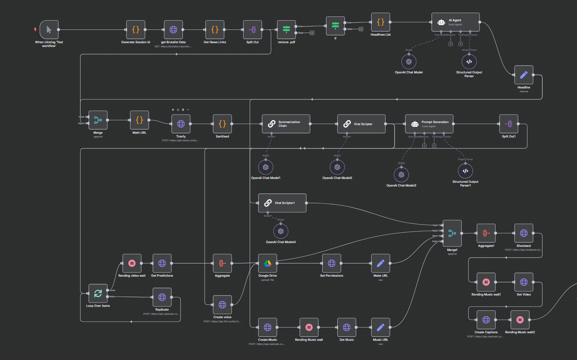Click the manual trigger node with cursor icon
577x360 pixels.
pos(49,30)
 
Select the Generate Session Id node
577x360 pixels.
pos(136,30)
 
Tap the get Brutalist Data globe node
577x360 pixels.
pos(173,30)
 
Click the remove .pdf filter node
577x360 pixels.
pos(286,30)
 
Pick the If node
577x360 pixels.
pos(335,26)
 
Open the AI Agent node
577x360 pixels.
pos(455,22)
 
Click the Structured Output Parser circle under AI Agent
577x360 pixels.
pos(469,62)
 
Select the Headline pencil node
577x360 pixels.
pos(524,75)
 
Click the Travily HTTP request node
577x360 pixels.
pos(181,124)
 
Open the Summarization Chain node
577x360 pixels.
pos(286,124)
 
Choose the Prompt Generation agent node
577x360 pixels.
pos(429,124)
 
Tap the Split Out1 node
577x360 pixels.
pos(509,124)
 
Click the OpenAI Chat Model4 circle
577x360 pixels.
pos(281,231)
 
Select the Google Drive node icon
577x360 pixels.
pos(267,263)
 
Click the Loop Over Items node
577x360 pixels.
pos(98,293)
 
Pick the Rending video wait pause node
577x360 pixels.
pos(132,263)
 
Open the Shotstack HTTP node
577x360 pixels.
pos(524,233)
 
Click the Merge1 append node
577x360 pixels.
pos(452,233)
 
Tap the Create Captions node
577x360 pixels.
pos(486,320)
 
